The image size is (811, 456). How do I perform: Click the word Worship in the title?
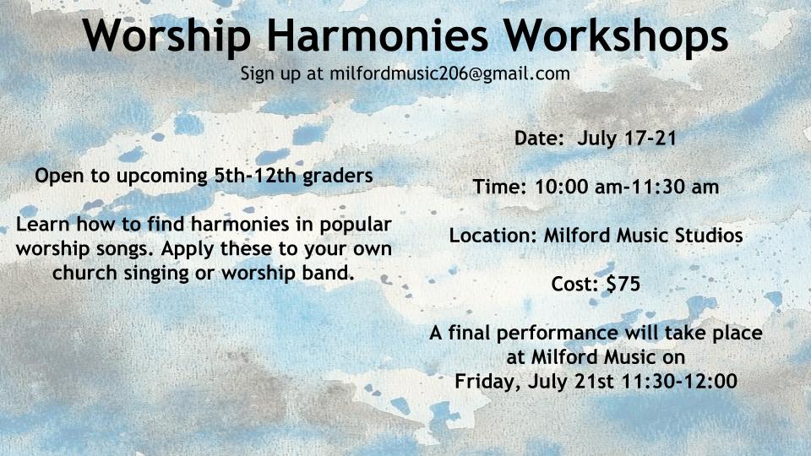[x=166, y=35]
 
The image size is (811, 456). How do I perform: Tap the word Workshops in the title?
[x=616, y=35]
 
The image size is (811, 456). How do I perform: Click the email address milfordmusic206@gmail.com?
[x=450, y=73]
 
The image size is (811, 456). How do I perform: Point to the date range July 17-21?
[x=627, y=138]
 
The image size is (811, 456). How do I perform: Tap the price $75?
[x=623, y=284]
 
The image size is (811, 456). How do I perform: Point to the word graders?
[x=338, y=176]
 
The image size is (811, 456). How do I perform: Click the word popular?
[x=356, y=225]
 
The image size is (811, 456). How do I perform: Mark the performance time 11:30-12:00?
[x=679, y=382]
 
